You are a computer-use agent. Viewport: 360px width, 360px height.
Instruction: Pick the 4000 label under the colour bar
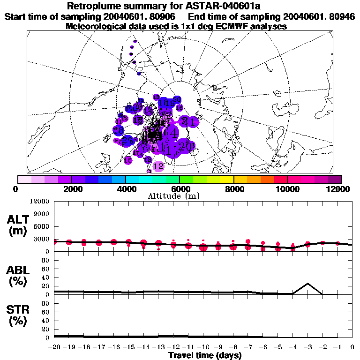(125, 189)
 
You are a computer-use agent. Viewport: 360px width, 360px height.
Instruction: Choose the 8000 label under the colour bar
(233, 189)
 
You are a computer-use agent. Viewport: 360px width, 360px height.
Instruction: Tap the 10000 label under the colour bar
(287, 189)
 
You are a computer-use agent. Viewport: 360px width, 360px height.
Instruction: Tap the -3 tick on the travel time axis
(307, 347)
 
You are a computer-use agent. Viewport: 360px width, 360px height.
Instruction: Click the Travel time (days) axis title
(205, 355)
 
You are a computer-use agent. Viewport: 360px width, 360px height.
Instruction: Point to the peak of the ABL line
(307, 284)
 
